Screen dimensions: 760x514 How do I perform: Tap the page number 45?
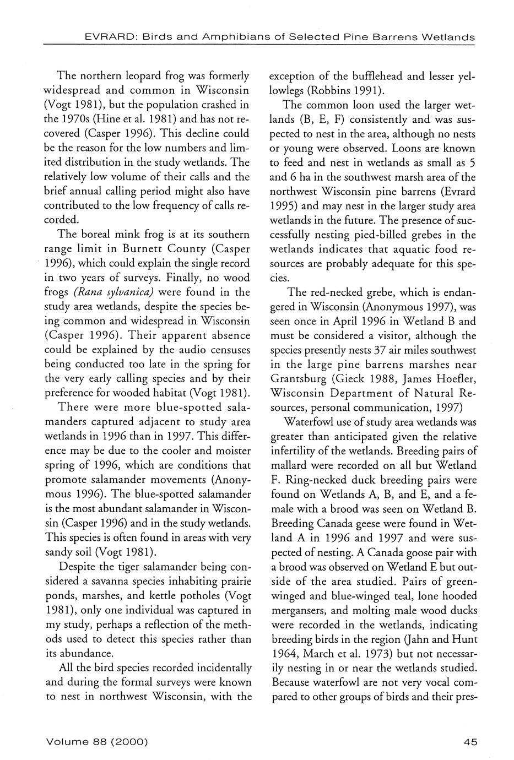click(x=470, y=742)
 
